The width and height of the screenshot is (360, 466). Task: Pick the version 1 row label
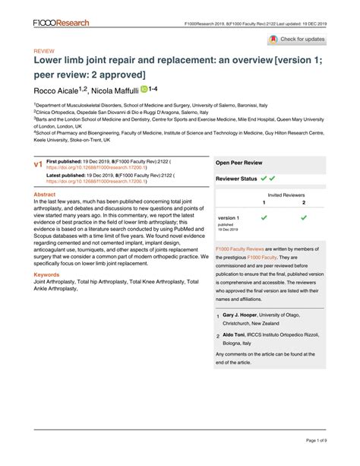pyautogui.click(x=229, y=218)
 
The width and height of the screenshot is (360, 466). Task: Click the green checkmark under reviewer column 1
pyautogui.click(x=264, y=218)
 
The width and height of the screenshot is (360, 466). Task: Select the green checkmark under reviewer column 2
pyautogui.click(x=303, y=218)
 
